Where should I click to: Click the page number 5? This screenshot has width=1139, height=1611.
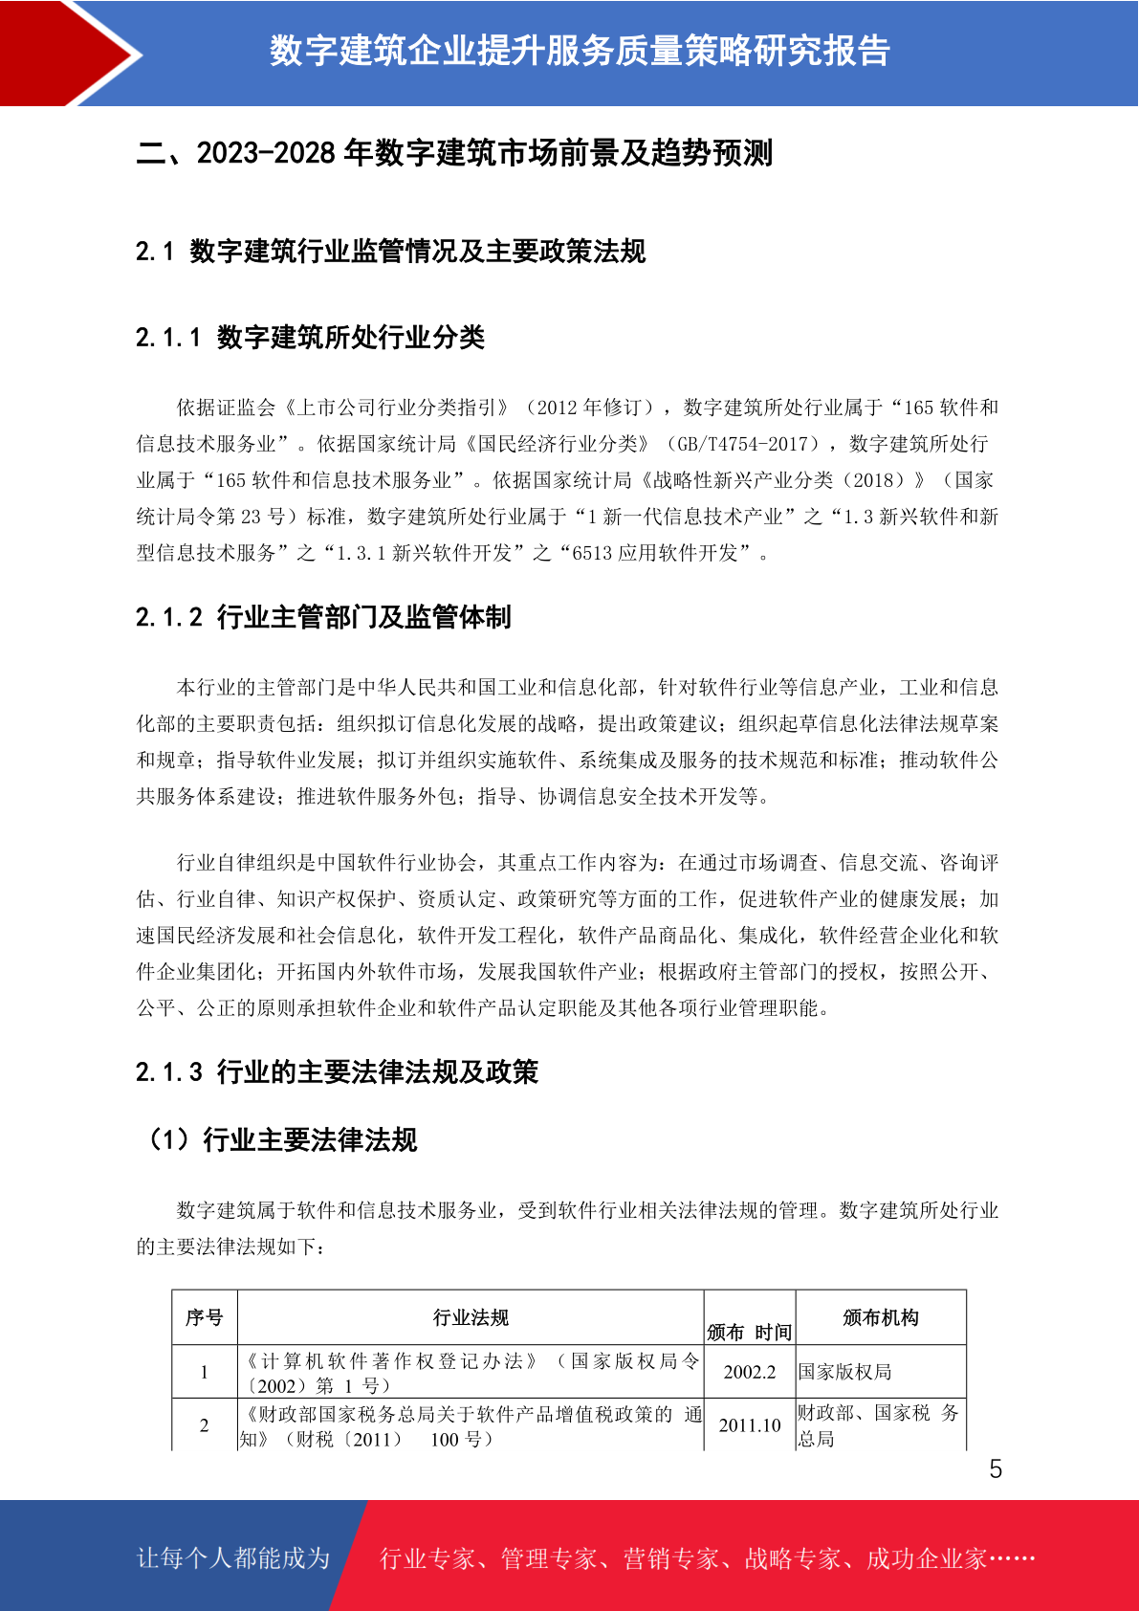(x=996, y=1469)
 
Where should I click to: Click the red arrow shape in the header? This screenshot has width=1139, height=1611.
(x=67, y=53)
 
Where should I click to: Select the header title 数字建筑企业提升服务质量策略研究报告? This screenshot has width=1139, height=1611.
(x=580, y=51)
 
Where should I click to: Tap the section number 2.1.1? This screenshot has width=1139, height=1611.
(x=168, y=338)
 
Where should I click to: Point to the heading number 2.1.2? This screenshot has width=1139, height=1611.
(x=168, y=618)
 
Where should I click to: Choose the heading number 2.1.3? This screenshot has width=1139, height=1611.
(x=168, y=1072)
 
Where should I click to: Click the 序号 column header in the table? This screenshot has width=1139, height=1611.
(x=204, y=1317)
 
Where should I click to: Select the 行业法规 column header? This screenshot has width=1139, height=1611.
(x=471, y=1317)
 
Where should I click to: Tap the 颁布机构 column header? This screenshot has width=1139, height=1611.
(x=880, y=1317)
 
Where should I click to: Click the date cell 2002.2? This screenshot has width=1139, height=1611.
(x=750, y=1372)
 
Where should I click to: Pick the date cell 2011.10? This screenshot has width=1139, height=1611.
(x=750, y=1425)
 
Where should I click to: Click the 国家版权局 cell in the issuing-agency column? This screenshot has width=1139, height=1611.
(x=845, y=1372)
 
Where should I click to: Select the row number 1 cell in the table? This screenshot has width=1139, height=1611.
(x=204, y=1372)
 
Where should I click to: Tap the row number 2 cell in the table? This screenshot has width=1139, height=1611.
(x=204, y=1425)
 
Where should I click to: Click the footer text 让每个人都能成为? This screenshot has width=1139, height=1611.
(x=233, y=1558)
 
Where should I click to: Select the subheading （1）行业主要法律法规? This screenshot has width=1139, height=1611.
(x=280, y=1140)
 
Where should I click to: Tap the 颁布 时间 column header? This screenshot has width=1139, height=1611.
(x=750, y=1332)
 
